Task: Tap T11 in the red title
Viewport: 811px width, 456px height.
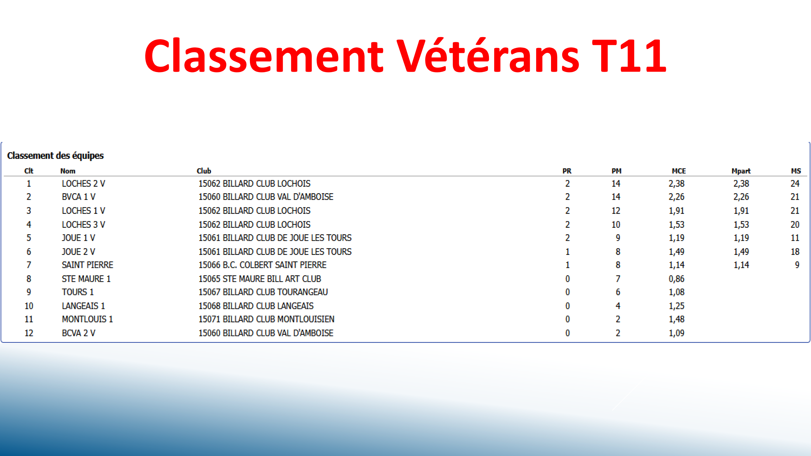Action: [629, 56]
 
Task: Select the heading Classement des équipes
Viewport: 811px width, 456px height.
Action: [55, 155]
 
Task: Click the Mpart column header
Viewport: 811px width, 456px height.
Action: [741, 171]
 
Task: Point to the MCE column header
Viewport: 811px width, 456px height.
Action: [678, 171]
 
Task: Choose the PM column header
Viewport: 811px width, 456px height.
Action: [616, 171]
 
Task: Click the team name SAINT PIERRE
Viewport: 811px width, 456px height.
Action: [88, 265]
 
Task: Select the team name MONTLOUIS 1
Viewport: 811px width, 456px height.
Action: [88, 319]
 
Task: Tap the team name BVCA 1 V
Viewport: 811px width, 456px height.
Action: [79, 197]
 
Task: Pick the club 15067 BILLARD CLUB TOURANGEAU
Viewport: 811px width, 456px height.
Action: [263, 292]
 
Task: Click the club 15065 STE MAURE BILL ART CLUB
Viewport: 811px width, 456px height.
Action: [259, 279]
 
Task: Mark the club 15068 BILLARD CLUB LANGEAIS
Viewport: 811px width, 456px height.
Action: [256, 306]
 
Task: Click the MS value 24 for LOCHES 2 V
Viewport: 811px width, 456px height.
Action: [795, 184]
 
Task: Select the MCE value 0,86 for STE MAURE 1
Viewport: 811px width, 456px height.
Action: [676, 279]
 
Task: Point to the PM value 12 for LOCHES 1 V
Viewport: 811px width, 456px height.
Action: [615, 211]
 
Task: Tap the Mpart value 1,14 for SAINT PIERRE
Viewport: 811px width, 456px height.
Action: [741, 265]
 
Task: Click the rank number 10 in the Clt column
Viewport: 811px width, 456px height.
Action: [29, 306]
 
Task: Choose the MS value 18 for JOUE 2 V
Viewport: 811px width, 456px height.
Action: [795, 252]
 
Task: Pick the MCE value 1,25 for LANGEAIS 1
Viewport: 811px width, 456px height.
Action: [676, 306]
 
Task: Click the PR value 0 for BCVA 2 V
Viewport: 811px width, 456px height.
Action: [567, 333]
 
